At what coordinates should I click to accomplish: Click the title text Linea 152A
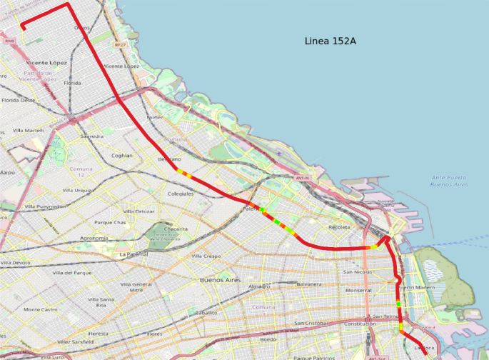pos(330,41)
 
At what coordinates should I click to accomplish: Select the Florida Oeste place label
pos(19,101)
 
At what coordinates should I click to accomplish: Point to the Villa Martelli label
pos(29,131)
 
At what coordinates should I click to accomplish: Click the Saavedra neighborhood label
pos(92,136)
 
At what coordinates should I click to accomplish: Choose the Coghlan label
pos(122,155)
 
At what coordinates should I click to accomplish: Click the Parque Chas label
pos(110,222)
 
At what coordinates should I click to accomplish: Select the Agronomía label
pos(94,238)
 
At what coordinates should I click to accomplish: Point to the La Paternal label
pos(133,254)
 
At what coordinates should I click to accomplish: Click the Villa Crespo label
pos(206,256)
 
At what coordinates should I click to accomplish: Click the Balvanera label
pos(309,284)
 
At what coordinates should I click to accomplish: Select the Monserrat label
pos(358,291)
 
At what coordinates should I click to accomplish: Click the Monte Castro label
pos(41,309)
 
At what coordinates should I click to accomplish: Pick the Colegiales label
pos(181,194)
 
